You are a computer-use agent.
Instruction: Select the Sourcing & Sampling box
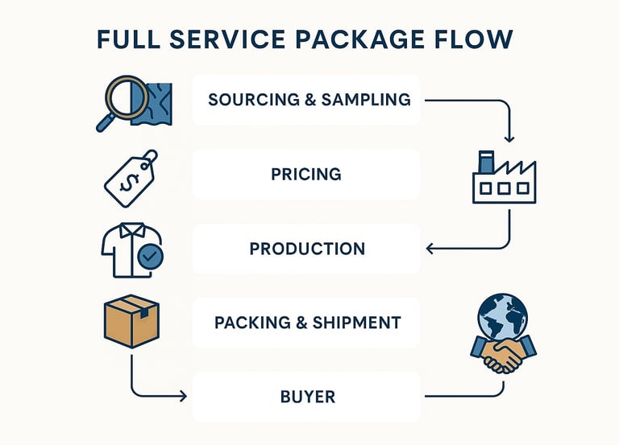[x=306, y=100]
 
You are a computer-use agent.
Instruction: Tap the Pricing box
[x=306, y=174]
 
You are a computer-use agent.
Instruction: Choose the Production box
[x=306, y=249]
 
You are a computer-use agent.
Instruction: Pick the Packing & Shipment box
[x=306, y=323]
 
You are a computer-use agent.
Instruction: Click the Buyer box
[x=306, y=397]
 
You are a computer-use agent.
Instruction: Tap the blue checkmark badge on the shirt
[x=150, y=257]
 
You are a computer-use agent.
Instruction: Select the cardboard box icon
[x=132, y=319]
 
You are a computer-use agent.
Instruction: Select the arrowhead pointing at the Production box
[x=430, y=249]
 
